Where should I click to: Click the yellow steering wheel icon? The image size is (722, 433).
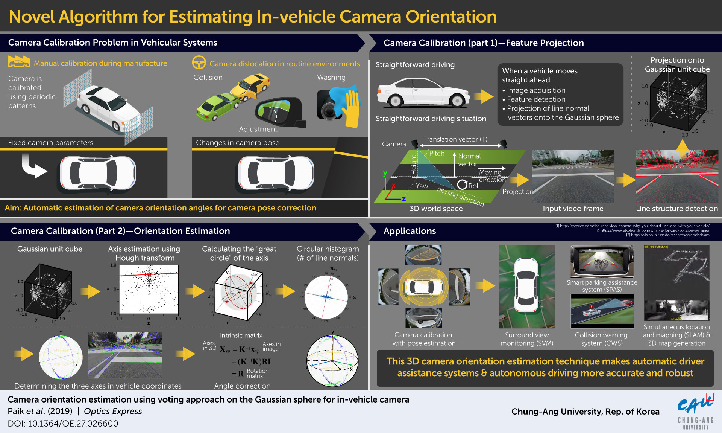point(199,63)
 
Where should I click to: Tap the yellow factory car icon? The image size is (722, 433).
point(19,62)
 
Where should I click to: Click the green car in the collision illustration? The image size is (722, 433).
point(217,107)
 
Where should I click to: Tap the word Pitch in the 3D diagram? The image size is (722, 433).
point(437,154)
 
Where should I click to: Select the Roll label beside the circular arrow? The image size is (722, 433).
point(474,186)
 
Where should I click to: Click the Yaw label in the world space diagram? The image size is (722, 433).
point(422,186)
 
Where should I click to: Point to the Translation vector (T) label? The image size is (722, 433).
point(455,139)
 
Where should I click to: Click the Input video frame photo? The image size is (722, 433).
point(573,176)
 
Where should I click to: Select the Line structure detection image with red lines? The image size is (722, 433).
point(676,176)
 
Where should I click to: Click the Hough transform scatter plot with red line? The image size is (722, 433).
point(149,289)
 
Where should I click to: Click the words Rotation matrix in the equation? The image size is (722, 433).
point(258,373)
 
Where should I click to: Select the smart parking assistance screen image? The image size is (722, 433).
point(602,261)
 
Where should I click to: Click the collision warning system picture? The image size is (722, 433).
point(602,311)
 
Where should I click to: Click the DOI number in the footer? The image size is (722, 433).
point(73,424)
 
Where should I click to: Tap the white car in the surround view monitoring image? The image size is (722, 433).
point(526,286)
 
